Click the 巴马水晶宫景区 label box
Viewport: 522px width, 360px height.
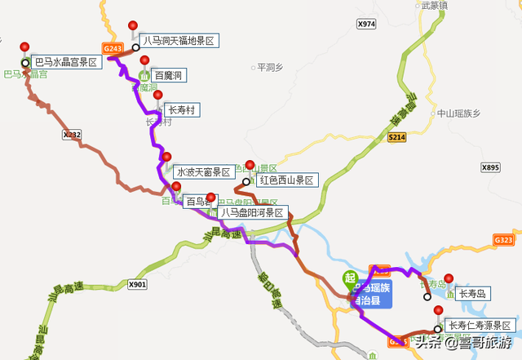(x=65, y=62)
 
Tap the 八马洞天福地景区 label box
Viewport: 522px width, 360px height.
(x=179, y=40)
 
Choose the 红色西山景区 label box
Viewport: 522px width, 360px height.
(x=285, y=180)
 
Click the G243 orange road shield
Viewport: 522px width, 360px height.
(x=113, y=49)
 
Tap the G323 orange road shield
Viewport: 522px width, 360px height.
(x=503, y=240)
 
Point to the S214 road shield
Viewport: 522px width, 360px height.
(x=396, y=138)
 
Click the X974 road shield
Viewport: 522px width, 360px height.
(x=366, y=24)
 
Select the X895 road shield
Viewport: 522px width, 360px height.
(x=490, y=167)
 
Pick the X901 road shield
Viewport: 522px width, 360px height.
(x=138, y=284)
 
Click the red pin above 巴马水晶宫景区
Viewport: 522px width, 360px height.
(x=25, y=47)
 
